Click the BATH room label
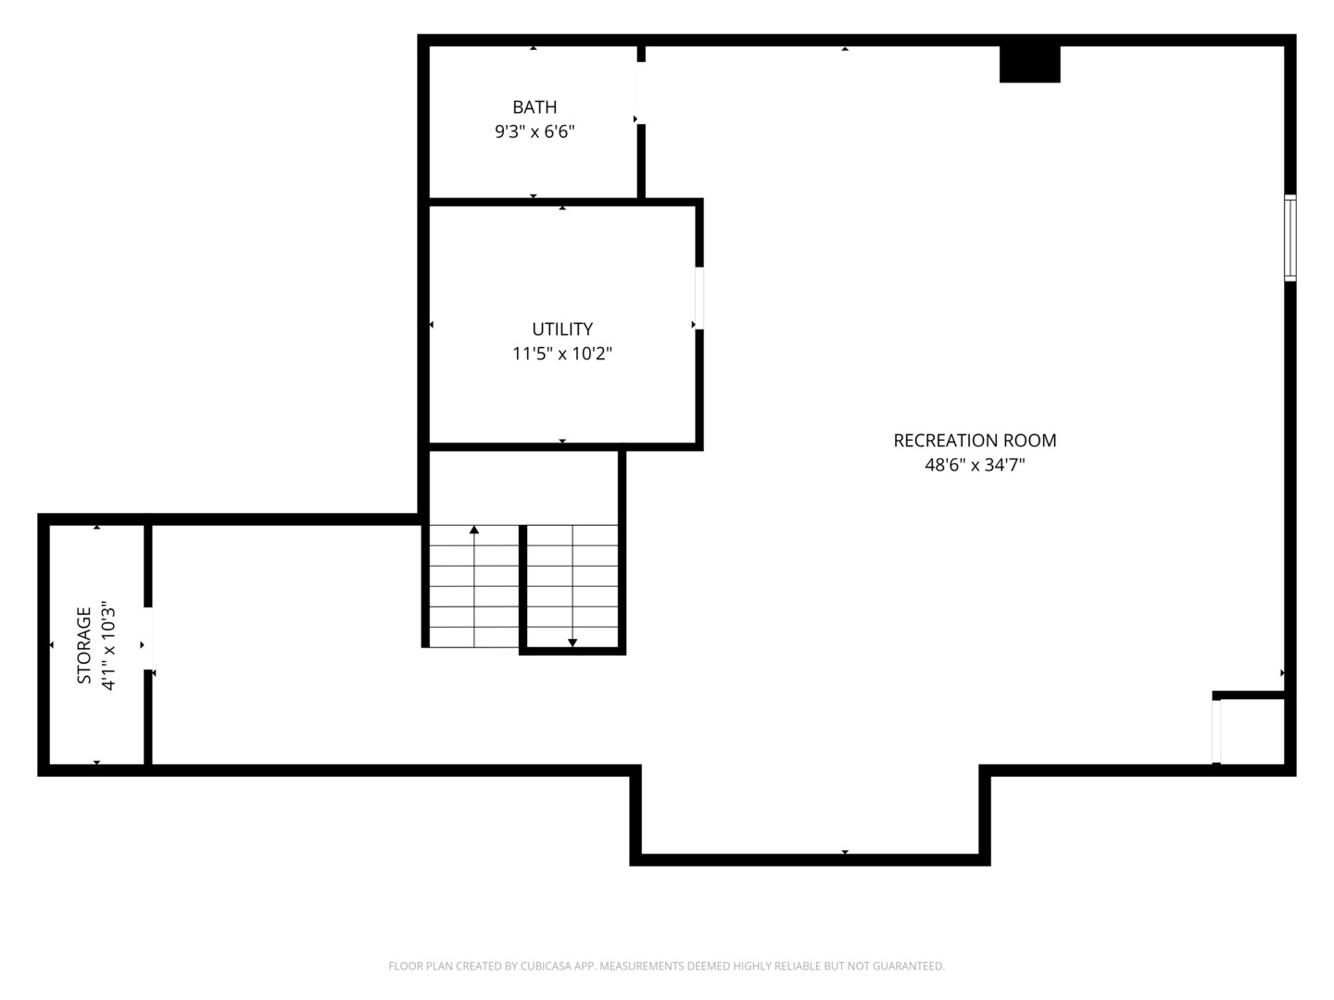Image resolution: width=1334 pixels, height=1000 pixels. (535, 106)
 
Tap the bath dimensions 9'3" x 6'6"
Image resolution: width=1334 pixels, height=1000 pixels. (535, 131)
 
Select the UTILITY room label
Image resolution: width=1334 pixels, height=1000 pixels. (562, 329)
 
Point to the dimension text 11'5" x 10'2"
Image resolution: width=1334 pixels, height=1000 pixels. (562, 354)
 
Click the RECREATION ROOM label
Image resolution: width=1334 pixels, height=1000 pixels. (975, 440)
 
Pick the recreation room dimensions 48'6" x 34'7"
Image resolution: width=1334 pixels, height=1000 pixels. (975, 465)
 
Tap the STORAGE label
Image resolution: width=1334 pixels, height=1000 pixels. (84, 645)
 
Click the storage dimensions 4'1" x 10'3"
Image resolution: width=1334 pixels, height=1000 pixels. (107, 645)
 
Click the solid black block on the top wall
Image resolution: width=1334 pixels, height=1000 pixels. (1030, 64)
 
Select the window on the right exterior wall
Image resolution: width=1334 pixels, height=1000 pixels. (1290, 238)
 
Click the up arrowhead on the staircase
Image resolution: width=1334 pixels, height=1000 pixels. (474, 530)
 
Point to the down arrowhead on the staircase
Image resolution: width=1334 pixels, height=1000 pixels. (572, 643)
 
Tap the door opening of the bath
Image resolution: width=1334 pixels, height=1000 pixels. (640, 93)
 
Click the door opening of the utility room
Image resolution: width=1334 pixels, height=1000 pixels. (698, 298)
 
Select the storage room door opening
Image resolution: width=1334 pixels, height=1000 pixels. (147, 638)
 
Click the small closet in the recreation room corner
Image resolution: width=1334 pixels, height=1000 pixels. (1252, 731)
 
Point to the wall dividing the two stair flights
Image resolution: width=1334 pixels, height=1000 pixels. (522, 588)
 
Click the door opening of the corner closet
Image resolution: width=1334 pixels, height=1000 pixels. (1215, 731)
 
